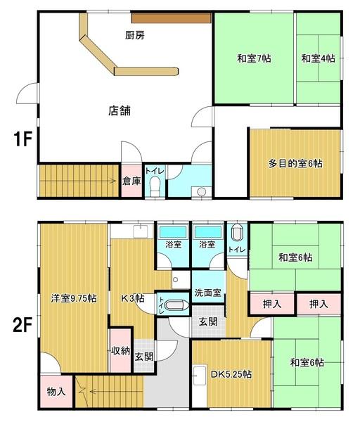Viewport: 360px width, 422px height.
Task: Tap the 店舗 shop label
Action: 120,110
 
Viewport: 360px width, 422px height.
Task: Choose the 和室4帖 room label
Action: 318,59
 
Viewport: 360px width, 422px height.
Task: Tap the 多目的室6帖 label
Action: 295,163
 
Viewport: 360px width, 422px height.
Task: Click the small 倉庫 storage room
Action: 131,181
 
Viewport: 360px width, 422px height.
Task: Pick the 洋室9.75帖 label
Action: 73,298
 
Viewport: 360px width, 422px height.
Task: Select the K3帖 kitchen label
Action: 132,298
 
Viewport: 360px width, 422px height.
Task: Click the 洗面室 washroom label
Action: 209,293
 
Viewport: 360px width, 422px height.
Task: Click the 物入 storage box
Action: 56,391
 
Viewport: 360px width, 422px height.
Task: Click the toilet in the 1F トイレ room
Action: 155,186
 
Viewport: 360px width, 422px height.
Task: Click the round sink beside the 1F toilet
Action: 202,191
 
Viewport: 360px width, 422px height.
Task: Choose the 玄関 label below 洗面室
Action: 207,321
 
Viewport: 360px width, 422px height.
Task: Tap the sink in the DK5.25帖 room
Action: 199,374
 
